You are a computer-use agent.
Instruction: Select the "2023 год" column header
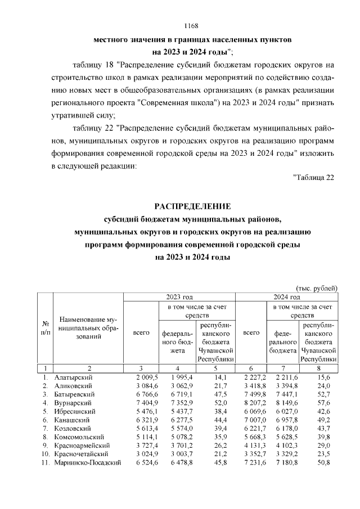179,297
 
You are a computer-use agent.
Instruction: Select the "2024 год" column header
287,297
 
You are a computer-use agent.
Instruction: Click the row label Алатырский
74,377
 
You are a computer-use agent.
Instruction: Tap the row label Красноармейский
80,445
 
